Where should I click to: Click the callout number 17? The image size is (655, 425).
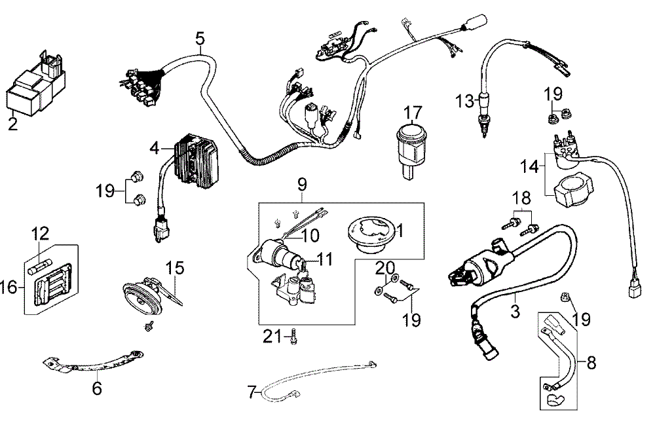[413, 111]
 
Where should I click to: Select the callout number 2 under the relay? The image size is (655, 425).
[12, 123]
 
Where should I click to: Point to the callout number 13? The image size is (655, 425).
[464, 101]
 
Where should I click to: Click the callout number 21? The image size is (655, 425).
[271, 337]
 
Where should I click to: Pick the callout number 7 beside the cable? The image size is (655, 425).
[252, 394]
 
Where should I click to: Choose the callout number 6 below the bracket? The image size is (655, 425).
[97, 389]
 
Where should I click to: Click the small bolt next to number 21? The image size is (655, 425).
[293, 337]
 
